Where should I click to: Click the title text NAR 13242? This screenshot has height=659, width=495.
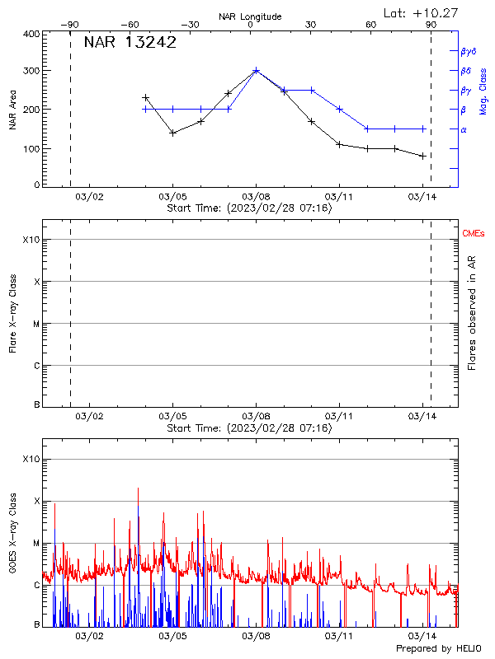[x=130, y=44]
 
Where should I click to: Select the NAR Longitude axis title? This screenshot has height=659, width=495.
[x=250, y=16]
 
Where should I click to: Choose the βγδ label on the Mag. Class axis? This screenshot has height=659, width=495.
[x=468, y=51]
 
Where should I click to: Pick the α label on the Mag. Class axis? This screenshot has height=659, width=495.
[x=464, y=130]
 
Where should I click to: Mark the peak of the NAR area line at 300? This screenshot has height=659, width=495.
[x=256, y=71]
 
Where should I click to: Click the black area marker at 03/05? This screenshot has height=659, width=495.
[x=172, y=133]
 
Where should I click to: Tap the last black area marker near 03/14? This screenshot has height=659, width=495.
[x=422, y=156]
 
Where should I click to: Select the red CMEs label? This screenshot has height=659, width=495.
[x=474, y=235]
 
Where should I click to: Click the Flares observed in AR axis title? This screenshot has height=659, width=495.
[x=472, y=314]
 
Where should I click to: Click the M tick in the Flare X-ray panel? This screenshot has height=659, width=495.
[x=35, y=324]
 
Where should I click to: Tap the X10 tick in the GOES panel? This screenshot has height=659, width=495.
[x=31, y=459]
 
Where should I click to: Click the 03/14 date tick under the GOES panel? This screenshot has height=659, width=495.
[x=422, y=636]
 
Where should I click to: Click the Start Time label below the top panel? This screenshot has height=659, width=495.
[x=250, y=209]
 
